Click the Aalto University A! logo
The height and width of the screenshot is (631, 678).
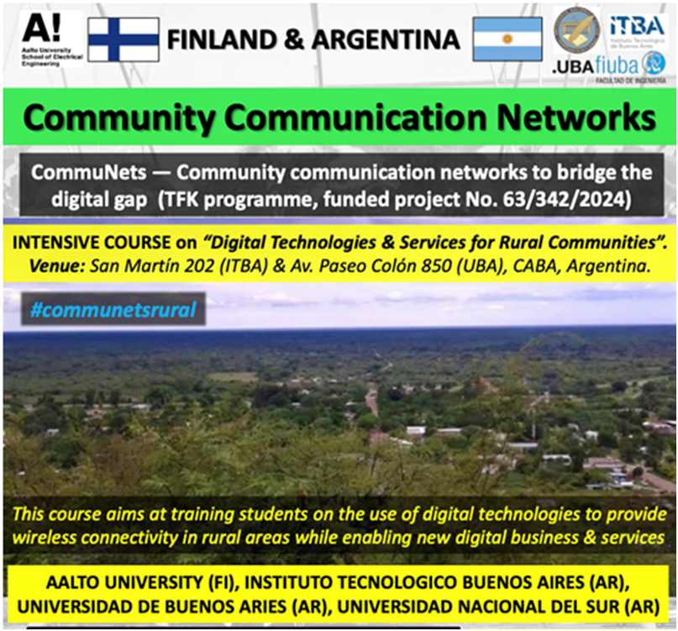(x=51, y=39)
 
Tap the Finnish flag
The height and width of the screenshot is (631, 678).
(x=124, y=39)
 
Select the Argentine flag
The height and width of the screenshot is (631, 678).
(x=507, y=39)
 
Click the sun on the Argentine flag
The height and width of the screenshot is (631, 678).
(x=507, y=39)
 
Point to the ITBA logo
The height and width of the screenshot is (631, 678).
(x=637, y=30)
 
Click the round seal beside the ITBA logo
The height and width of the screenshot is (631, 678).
(x=577, y=29)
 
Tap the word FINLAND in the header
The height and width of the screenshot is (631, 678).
(x=222, y=39)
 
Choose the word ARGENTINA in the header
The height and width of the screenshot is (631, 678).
(x=386, y=39)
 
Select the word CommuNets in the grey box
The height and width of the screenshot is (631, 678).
(x=89, y=172)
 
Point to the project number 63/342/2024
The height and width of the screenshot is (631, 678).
(x=561, y=199)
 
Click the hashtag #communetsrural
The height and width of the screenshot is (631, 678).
(x=113, y=310)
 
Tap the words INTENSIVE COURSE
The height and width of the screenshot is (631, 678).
(x=92, y=242)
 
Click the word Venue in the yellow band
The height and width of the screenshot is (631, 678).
(x=56, y=266)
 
